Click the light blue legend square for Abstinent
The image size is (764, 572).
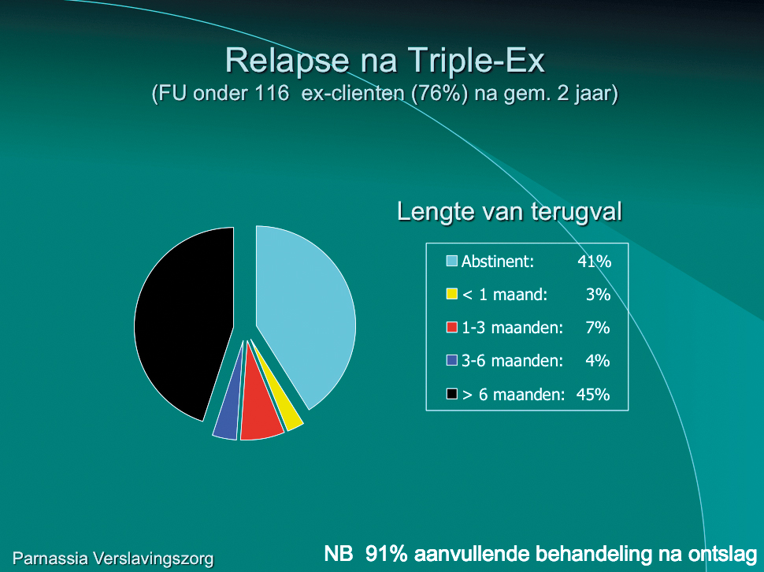tap(451, 261)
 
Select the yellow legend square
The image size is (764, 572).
tap(451, 295)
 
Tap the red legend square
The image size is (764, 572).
tap(451, 328)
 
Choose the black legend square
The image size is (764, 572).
tap(451, 394)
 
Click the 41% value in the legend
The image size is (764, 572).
tap(595, 262)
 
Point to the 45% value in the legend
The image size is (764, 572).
tap(593, 394)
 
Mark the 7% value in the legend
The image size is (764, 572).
tap(598, 328)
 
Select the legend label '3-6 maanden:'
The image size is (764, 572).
tap(512, 361)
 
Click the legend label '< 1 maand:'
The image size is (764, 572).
tap(505, 295)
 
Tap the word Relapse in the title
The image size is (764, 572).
tap(287, 61)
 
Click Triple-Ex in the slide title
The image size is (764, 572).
tap(476, 61)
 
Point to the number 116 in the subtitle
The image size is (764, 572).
tap(273, 92)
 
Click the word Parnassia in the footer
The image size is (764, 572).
tap(50, 558)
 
